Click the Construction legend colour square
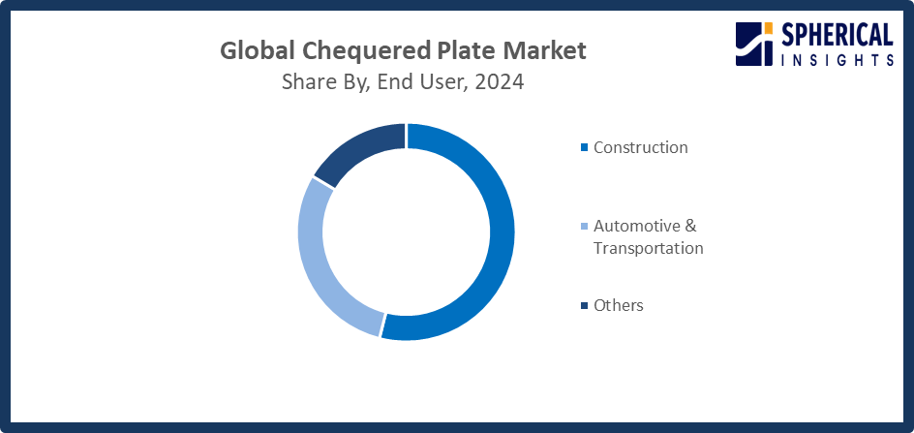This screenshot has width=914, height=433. click(x=584, y=148)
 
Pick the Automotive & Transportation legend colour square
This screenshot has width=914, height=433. click(x=584, y=227)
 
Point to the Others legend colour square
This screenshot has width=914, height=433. click(x=584, y=306)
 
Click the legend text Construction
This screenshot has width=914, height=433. click(x=640, y=147)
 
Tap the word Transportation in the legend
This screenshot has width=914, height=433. click(x=648, y=248)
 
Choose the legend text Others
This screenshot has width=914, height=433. click(x=618, y=305)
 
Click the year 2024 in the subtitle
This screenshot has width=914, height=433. click(x=499, y=82)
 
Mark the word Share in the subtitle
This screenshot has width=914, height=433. click(x=307, y=82)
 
